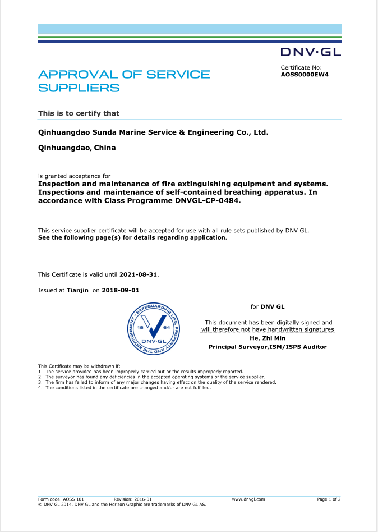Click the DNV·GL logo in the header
click(x=310, y=53)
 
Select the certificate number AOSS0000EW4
click(x=304, y=74)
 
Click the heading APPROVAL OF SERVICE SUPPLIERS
click(x=123, y=81)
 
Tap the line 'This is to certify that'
click(x=79, y=113)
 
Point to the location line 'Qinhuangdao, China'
click(x=76, y=148)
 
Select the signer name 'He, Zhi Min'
click(x=267, y=338)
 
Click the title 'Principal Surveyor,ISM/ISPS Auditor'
click(x=268, y=347)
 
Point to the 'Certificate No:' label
click(x=301, y=67)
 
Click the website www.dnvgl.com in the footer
click(x=248, y=499)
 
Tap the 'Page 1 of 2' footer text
click(x=329, y=499)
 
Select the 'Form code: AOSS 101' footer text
click(x=61, y=499)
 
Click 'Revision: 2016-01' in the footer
click(x=132, y=499)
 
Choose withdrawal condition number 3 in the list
click(x=157, y=382)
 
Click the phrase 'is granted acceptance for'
click(x=74, y=176)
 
